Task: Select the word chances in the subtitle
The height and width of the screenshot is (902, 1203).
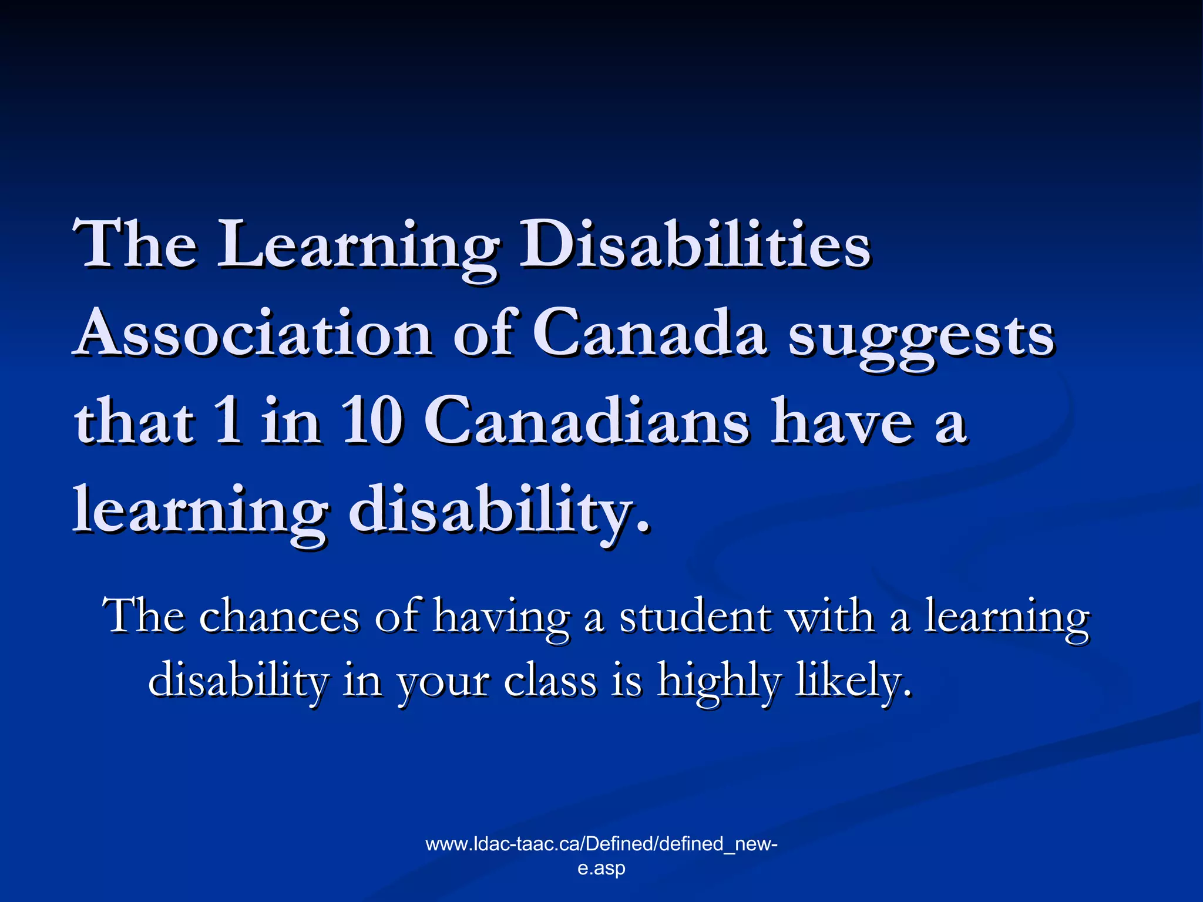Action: tap(278, 617)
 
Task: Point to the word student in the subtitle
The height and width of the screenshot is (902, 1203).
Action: tap(695, 617)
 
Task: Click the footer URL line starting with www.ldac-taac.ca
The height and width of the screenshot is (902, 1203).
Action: tap(601, 844)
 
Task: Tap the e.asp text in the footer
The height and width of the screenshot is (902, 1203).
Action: tap(601, 868)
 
